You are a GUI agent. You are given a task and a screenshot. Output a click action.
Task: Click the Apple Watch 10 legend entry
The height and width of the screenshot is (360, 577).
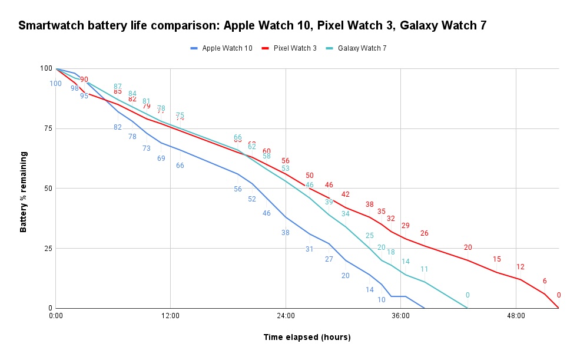(227, 48)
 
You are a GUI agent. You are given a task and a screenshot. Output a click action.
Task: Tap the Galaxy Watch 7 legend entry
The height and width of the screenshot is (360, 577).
(362, 48)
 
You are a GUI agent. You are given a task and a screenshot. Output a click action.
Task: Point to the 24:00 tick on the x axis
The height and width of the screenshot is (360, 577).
(286, 315)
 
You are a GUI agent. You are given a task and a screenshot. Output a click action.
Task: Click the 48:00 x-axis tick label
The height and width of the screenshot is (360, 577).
(516, 315)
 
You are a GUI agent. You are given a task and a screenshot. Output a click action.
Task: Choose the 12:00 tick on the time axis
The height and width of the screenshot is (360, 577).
(170, 315)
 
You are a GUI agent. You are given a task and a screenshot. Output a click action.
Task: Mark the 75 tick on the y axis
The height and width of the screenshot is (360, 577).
(45, 128)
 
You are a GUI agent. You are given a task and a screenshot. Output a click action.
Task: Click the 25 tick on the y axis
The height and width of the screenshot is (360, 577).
(45, 248)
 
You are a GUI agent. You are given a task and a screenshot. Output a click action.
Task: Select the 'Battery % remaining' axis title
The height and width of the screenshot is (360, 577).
(24, 192)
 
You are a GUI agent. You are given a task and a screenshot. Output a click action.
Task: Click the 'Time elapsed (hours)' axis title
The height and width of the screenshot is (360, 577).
(307, 337)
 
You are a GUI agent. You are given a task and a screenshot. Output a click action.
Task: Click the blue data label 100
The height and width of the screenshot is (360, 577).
(55, 84)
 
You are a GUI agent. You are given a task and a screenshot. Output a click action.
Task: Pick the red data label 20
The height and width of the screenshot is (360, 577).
(468, 247)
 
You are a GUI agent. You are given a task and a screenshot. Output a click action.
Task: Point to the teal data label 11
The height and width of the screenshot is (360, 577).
(424, 269)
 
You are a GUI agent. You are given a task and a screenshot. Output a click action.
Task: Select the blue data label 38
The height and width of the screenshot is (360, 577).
(286, 233)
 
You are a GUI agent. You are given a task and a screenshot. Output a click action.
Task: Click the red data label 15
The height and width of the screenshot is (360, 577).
(497, 259)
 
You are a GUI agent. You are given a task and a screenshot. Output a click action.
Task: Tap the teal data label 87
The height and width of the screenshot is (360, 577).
(118, 87)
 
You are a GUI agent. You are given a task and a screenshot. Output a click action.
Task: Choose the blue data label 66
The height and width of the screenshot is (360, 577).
(180, 166)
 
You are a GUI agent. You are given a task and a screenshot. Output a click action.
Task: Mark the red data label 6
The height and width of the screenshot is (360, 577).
(545, 281)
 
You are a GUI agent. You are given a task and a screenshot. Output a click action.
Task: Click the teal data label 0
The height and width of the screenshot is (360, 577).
(467, 295)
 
